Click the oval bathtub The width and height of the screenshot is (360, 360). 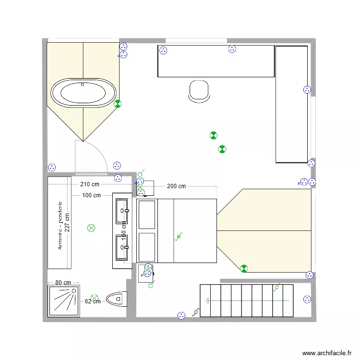(x=84, y=93)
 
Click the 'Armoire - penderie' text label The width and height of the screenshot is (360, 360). (x=60, y=225)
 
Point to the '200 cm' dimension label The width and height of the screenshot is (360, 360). (x=176, y=186)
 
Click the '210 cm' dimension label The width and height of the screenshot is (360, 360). (x=90, y=184)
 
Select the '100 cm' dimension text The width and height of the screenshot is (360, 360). (x=91, y=195)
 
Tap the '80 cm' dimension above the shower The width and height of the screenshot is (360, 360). (x=63, y=283)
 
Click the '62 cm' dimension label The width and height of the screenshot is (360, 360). (x=93, y=301)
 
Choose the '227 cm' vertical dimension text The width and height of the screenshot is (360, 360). (x=67, y=223)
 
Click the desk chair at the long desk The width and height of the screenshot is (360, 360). (x=199, y=91)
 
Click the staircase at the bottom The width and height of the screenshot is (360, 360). (x=246, y=300)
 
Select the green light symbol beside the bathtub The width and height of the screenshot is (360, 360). (x=118, y=103)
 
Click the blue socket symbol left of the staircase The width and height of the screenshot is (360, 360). (x=181, y=315)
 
